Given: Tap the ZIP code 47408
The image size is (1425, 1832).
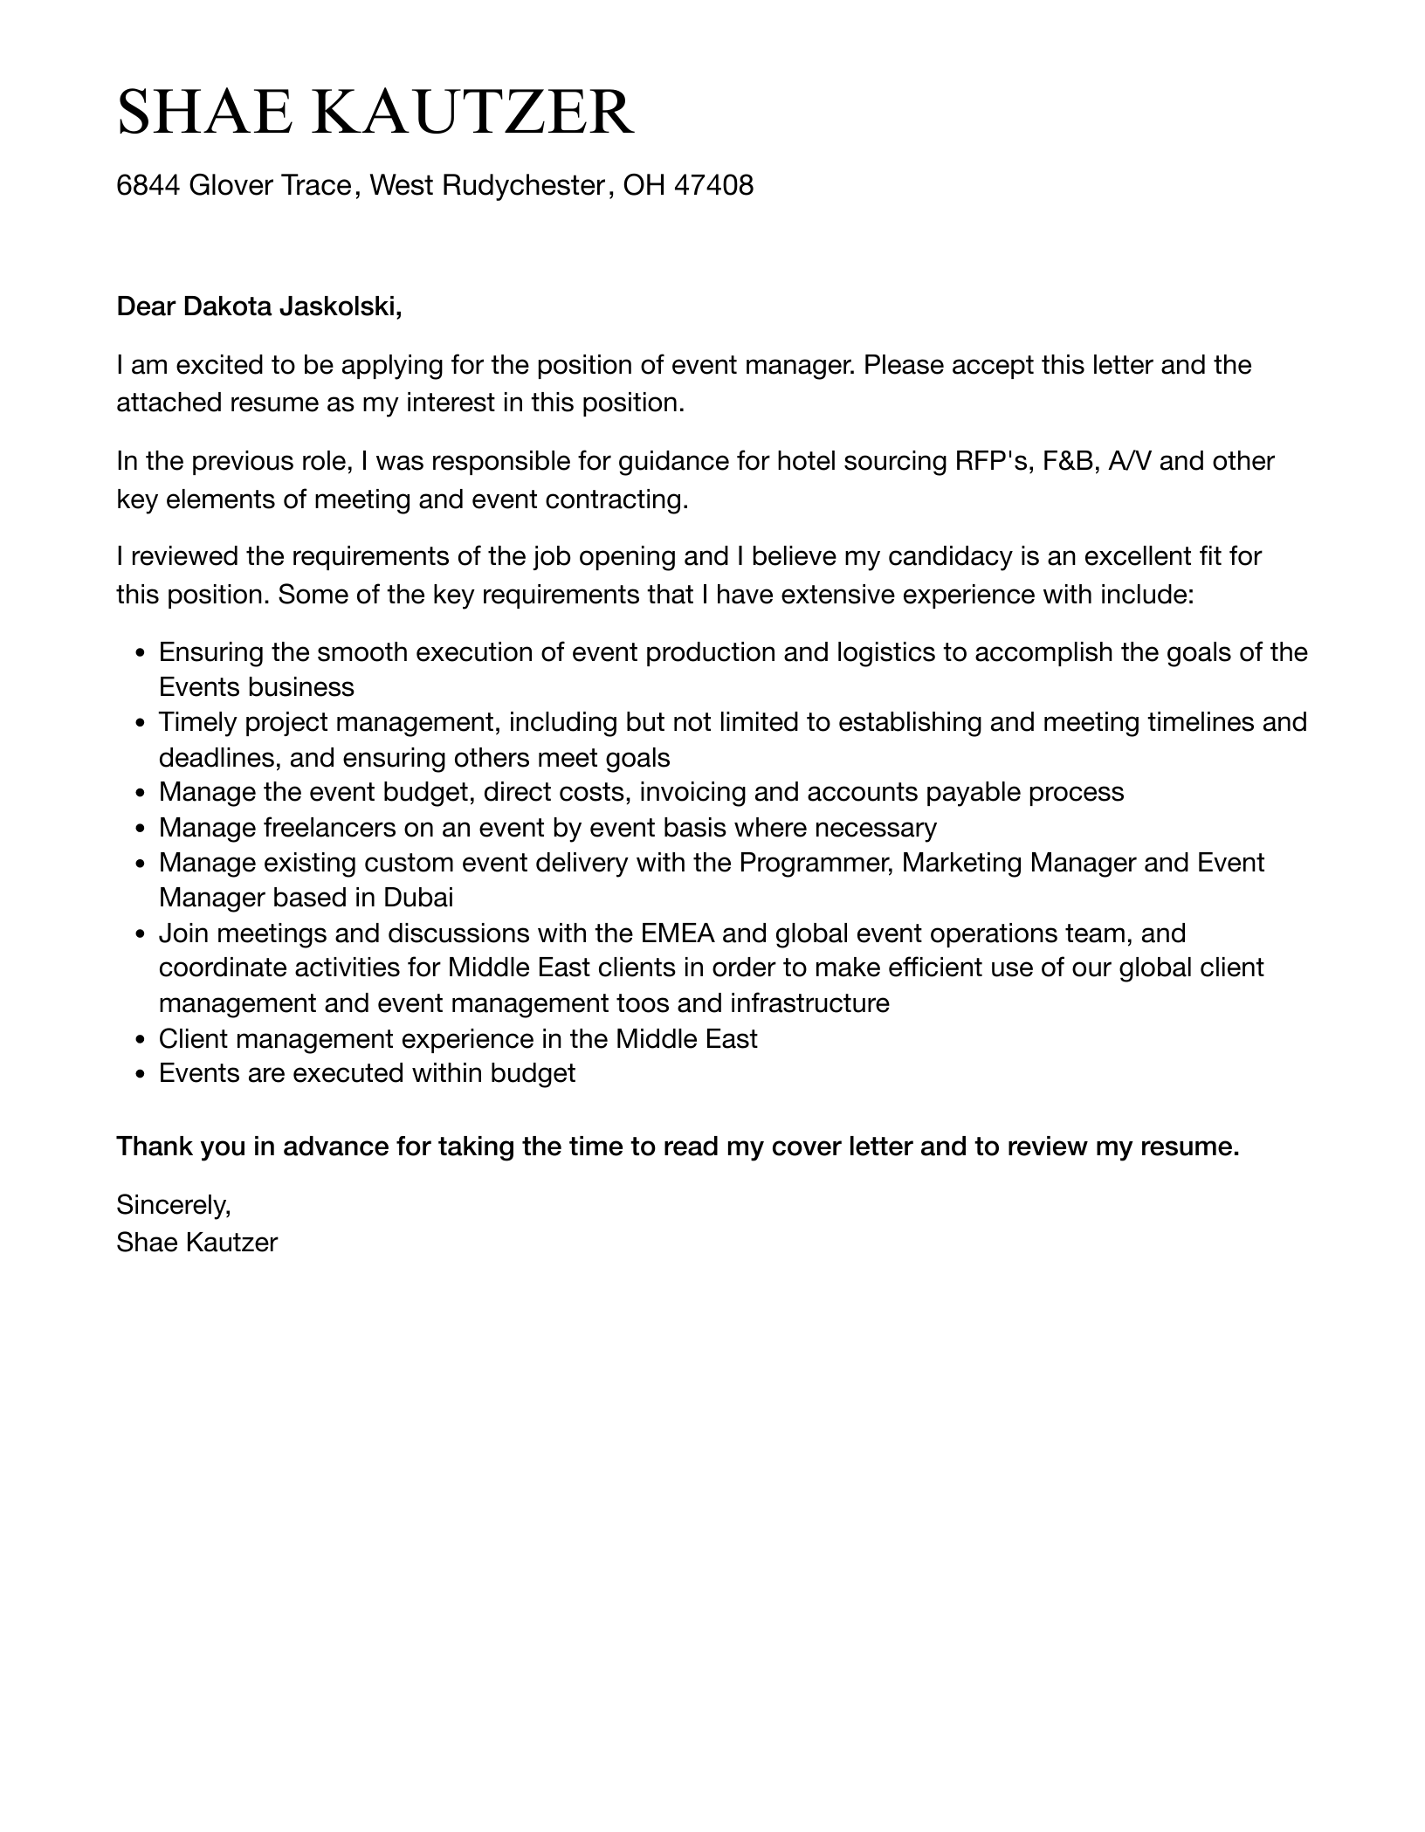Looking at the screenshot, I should click(x=714, y=185).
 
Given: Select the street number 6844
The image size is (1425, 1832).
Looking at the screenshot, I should click(x=148, y=185).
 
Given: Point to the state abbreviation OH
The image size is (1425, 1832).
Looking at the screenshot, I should click(x=644, y=185).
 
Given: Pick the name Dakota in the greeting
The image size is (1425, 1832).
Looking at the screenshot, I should click(x=227, y=307).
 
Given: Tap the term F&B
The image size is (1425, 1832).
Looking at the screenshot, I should click(x=1070, y=461).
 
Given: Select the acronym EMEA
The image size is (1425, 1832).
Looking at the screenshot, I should click(x=678, y=933).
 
